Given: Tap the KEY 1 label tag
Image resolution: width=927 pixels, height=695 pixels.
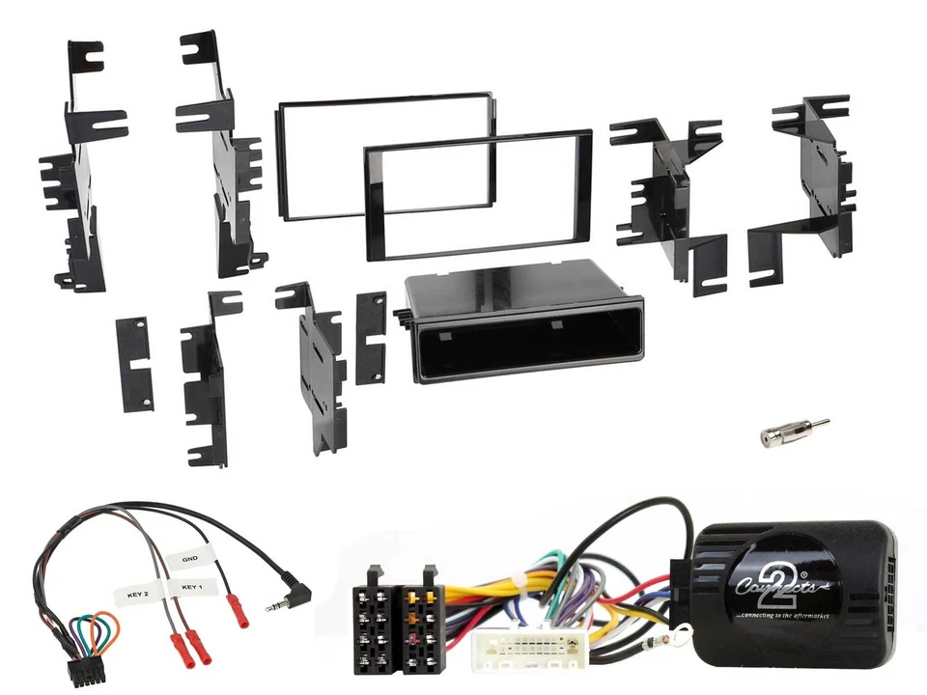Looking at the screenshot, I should coord(190,586).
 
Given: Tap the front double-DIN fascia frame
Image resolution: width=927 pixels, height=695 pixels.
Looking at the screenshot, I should coord(477,198).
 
